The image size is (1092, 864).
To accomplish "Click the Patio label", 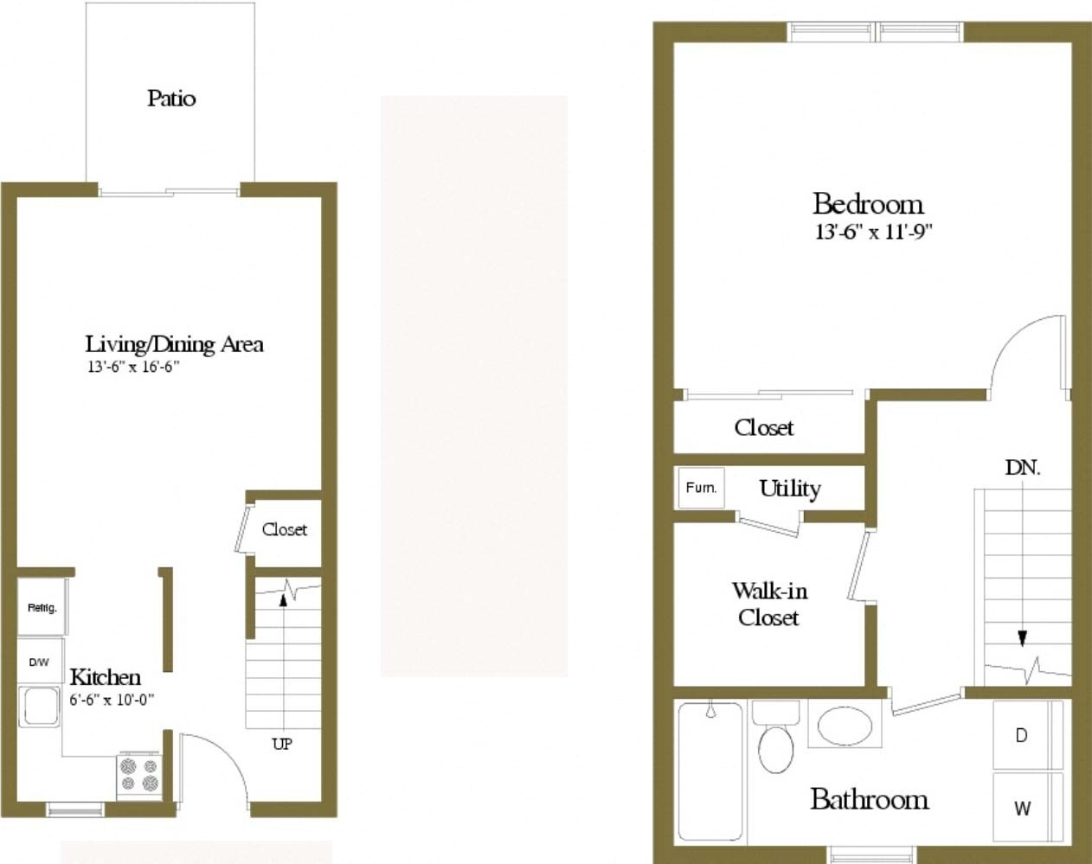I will [x=171, y=98].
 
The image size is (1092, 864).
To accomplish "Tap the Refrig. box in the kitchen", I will [x=42, y=607].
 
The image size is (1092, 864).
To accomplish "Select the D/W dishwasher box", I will [x=39, y=662].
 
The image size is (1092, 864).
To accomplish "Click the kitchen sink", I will [x=40, y=706].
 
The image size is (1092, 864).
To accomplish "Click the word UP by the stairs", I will [x=282, y=744].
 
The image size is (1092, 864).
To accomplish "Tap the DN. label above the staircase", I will [x=1022, y=468].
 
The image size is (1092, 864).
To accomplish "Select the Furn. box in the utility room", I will [x=700, y=488].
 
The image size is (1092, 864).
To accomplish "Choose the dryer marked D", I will [x=1022, y=735].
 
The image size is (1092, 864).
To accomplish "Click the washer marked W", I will [x=1022, y=809].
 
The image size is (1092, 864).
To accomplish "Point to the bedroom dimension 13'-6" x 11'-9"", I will [x=873, y=233].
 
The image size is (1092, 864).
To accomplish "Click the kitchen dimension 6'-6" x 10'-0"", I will [x=112, y=700].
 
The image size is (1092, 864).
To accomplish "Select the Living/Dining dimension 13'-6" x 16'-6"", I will [x=132, y=367].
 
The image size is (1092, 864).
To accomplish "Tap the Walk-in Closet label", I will [x=769, y=604].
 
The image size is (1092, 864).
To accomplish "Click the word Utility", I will [x=789, y=488].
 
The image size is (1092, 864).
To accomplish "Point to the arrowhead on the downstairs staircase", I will [x=1022, y=638].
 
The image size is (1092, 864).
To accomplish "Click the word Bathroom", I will [x=869, y=799].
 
